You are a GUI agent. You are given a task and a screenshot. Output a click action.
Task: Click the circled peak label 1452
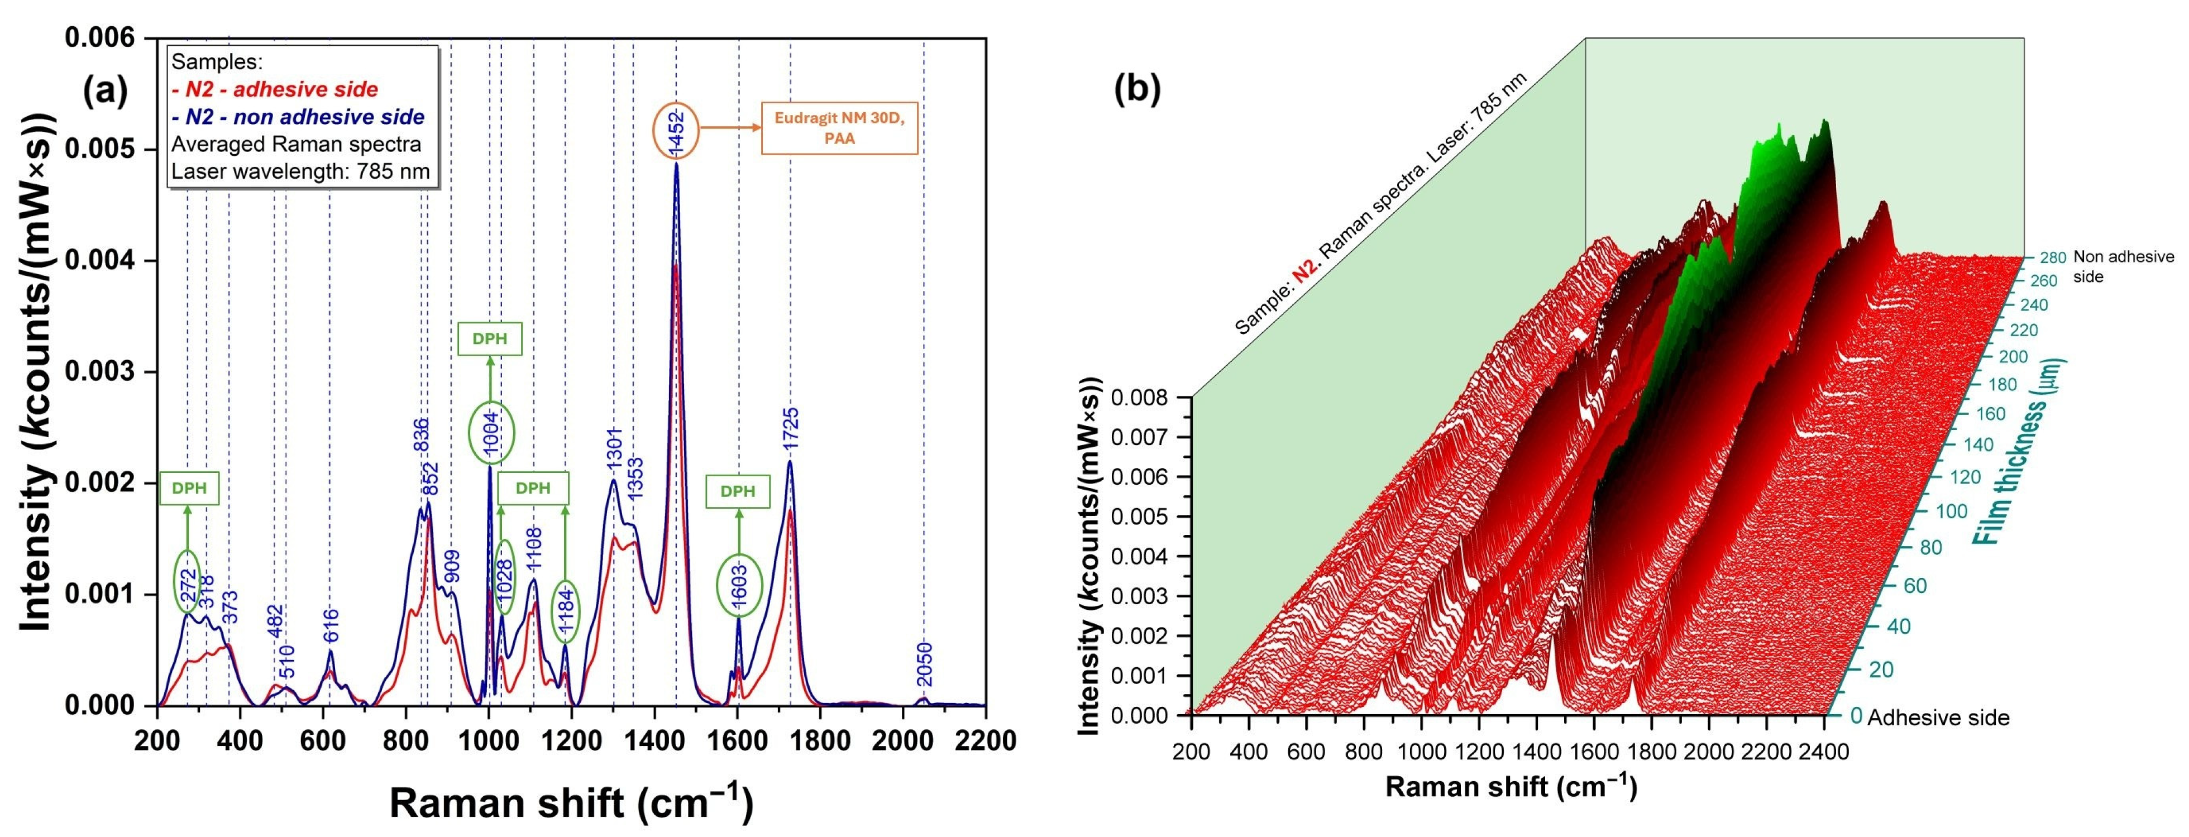[x=676, y=131]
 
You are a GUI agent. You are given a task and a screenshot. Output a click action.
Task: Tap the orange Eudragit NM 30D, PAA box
[x=839, y=128]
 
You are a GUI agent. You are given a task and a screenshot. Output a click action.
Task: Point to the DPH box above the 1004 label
[x=490, y=339]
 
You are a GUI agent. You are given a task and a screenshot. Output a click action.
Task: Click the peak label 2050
[x=925, y=664]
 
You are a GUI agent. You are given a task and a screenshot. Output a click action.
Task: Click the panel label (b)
[x=1137, y=88]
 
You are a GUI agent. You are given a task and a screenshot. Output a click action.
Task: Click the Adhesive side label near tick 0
[x=1938, y=718]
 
